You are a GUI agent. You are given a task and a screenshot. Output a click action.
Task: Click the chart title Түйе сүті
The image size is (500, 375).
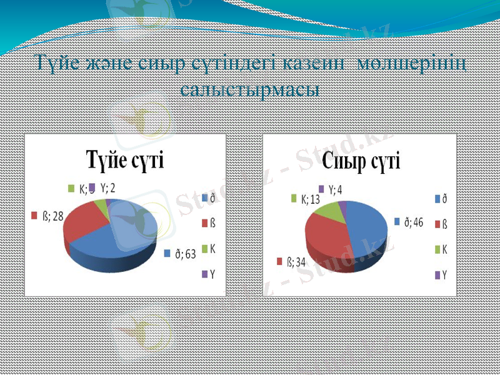point(124,161)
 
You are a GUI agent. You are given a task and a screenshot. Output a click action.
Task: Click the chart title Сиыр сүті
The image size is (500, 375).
point(361,161)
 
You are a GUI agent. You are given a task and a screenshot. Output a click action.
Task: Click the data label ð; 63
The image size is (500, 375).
point(181,253)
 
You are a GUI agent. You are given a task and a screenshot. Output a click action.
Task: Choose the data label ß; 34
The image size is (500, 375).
point(292,261)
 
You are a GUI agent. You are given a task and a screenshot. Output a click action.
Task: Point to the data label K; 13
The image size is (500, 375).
point(307,199)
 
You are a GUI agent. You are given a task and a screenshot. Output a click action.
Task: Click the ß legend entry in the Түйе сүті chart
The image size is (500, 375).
point(209,222)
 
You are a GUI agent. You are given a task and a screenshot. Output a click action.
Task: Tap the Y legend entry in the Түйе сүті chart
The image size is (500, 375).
point(209,274)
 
